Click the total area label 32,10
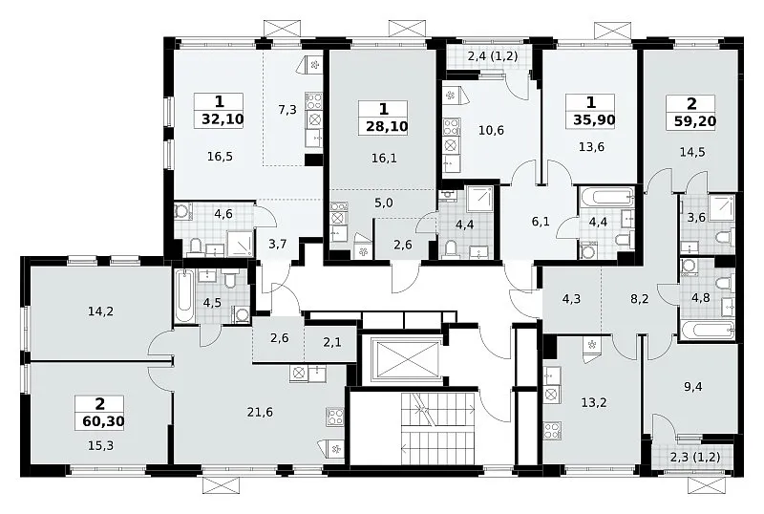[x=222, y=119]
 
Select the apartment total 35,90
[x=593, y=120]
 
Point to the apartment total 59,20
[x=695, y=120]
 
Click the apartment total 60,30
[x=102, y=421]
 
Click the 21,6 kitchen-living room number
[x=260, y=413]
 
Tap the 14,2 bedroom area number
[x=101, y=311]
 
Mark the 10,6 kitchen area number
[x=491, y=130]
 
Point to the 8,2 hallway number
[x=639, y=298]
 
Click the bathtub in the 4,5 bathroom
[x=184, y=295]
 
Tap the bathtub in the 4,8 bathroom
[x=707, y=332]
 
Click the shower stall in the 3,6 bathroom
[x=722, y=207]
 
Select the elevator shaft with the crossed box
[x=405, y=360]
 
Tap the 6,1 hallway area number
[x=541, y=222]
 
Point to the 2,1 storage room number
[x=331, y=342]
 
